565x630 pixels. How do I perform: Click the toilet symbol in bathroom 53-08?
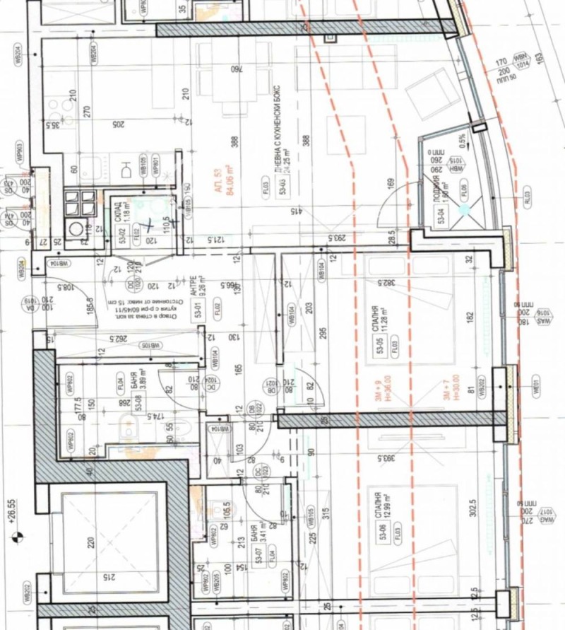tap(129, 426)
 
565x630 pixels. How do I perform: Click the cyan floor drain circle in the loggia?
tap(464, 209)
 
